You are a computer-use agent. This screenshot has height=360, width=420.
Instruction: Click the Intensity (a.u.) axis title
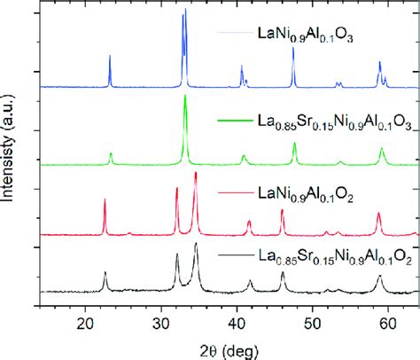pos(12,155)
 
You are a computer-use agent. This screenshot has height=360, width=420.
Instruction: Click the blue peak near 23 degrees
pos(110,57)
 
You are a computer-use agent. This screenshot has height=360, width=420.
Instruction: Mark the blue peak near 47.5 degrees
pos(293,49)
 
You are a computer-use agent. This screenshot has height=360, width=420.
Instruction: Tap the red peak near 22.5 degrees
pos(105,200)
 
